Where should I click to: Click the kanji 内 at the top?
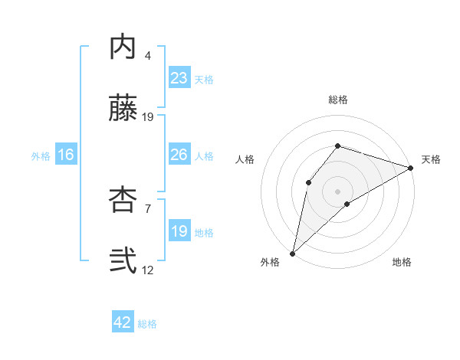point(123,47)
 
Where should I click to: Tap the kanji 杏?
point(123,201)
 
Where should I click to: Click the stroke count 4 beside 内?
point(148,56)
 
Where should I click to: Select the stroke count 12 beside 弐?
point(148,270)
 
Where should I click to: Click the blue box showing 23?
point(179,78)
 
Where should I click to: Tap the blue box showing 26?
point(179,155)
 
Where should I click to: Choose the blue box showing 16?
point(66,155)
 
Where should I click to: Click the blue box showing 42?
point(123,323)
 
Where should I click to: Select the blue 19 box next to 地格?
point(179,231)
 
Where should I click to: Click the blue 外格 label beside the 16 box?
point(41,155)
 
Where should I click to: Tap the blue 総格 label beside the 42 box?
point(147,324)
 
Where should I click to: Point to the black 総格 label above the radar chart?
point(338,100)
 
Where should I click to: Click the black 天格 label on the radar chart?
point(431,159)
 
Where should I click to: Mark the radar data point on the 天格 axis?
point(411,168)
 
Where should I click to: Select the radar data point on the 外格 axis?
point(292,254)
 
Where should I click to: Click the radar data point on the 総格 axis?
point(338,146)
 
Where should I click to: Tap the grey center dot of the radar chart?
point(338,191)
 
